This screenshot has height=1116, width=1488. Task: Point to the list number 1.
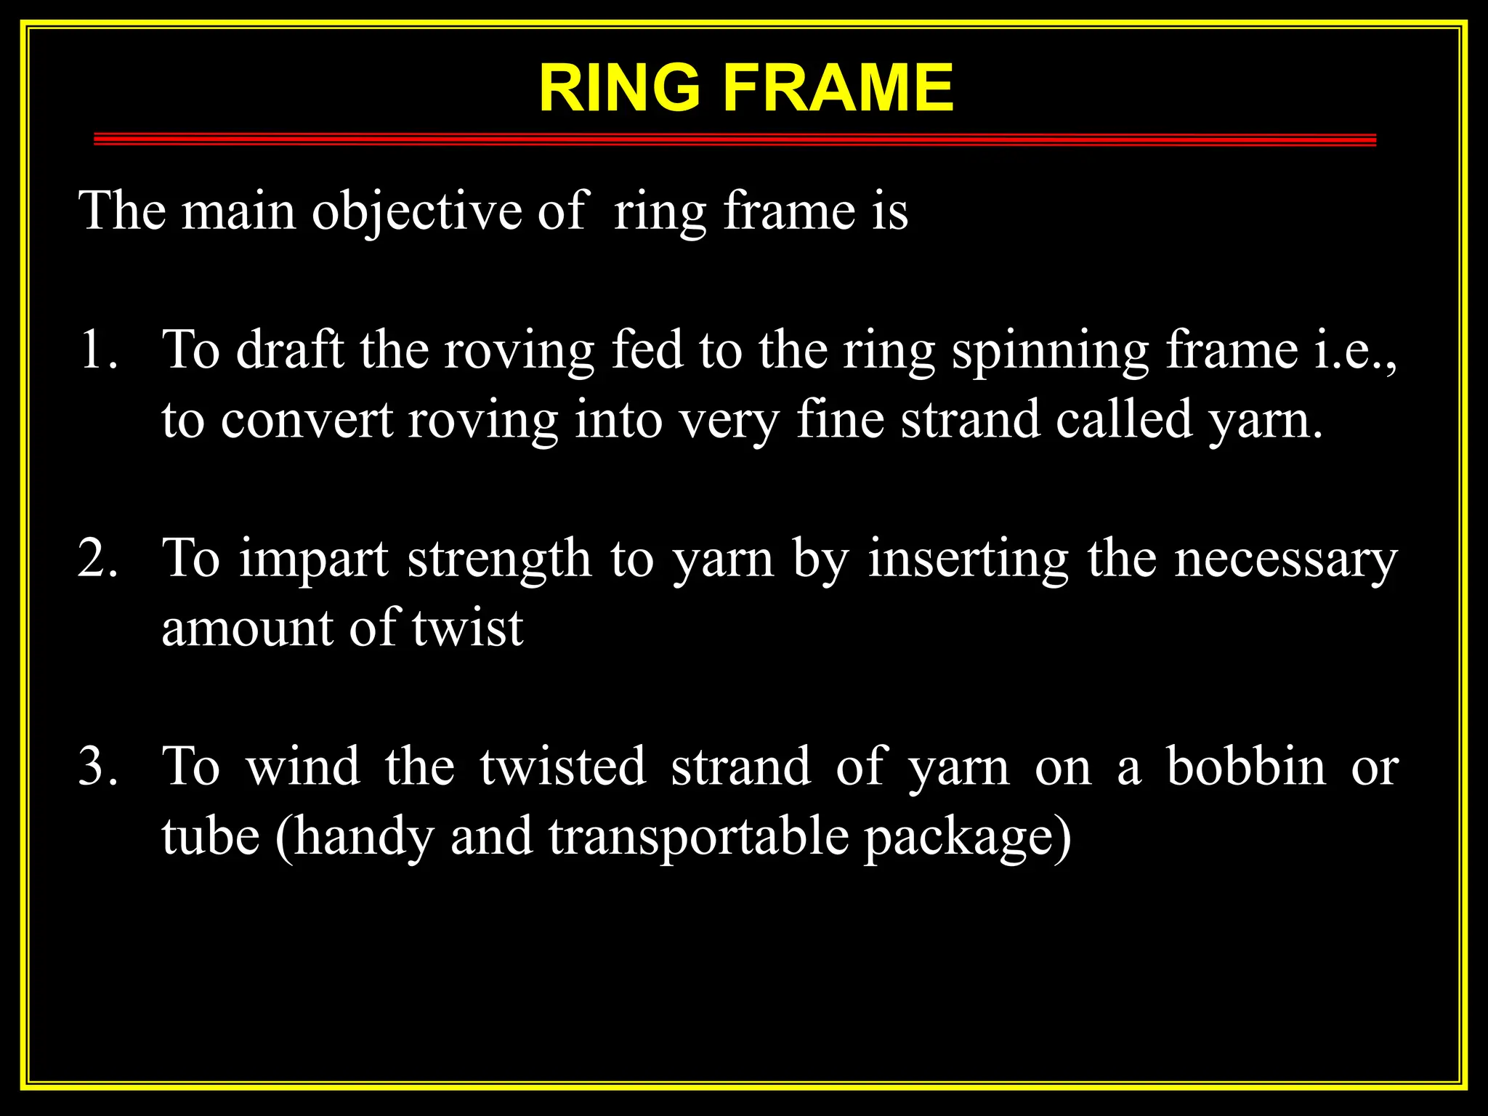[x=97, y=350]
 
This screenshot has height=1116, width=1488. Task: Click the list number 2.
[x=97, y=559]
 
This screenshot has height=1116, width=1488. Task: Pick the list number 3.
[x=97, y=767]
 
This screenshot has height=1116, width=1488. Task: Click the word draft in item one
[x=290, y=350]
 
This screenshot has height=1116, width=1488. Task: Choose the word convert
[x=307, y=421]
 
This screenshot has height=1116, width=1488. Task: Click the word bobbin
[x=1247, y=767]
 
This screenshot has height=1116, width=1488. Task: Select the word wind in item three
[x=303, y=767]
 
